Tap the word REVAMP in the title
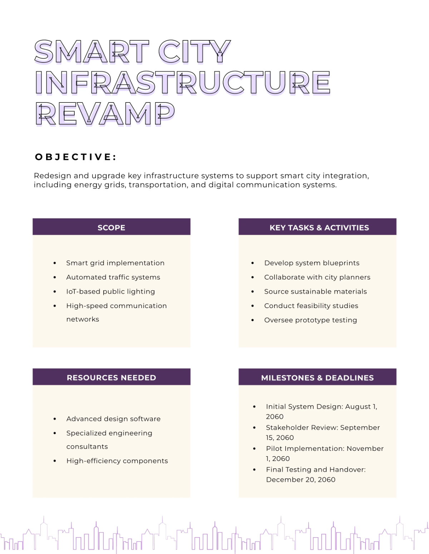tap(105, 114)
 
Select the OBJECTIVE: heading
tap(76, 157)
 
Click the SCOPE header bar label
tap(111, 228)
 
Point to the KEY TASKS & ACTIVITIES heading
tap(319, 228)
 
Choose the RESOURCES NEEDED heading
tap(111, 378)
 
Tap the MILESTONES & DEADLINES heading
tap(317, 378)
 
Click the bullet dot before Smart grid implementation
tap(55, 263)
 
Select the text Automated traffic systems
tap(113, 277)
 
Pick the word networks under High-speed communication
tap(83, 319)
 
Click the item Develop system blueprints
tap(312, 263)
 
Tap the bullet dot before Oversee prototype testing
tap(253, 320)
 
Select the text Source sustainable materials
tap(315, 292)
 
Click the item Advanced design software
tap(113, 419)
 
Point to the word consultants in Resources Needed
tap(87, 447)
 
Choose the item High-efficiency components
tap(117, 461)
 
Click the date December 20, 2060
tap(301, 480)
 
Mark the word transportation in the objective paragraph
tap(158, 185)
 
